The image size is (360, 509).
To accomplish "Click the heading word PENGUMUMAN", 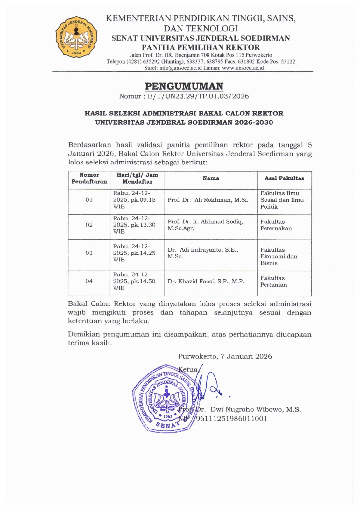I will (x=184, y=86).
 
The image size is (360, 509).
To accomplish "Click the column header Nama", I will (x=211, y=178).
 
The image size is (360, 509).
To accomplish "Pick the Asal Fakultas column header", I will (x=284, y=178).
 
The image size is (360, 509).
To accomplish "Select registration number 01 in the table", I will (x=89, y=200).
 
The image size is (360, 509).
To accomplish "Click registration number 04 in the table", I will (x=89, y=281).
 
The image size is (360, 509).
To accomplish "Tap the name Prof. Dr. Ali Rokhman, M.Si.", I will (x=208, y=200).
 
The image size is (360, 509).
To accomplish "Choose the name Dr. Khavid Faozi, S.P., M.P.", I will (x=206, y=281).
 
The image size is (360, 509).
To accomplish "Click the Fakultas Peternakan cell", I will (x=276, y=225).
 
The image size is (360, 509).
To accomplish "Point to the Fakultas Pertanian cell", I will (x=274, y=281).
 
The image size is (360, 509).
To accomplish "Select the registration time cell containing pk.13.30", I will (x=134, y=225).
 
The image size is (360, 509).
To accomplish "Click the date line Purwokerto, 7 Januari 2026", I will (x=225, y=356).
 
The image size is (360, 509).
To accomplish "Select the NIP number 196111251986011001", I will (x=229, y=419).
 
